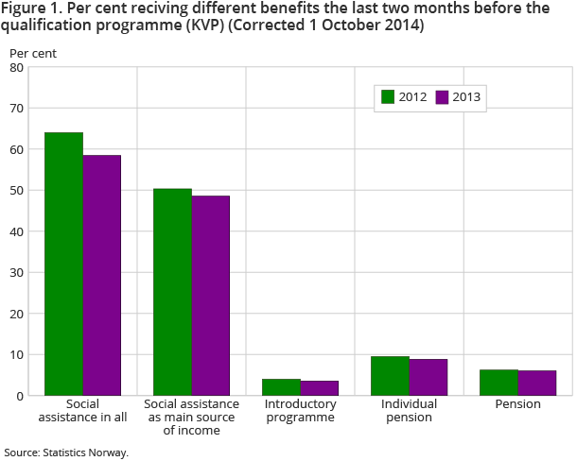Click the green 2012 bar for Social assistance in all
pyautogui.click(x=64, y=265)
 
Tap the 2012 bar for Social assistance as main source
pyautogui.click(x=173, y=292)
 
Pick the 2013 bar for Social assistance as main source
pyautogui.click(x=211, y=296)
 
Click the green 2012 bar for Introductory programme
pyautogui.click(x=282, y=387)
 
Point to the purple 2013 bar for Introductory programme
pyautogui.click(x=320, y=388)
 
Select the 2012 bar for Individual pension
pyautogui.click(x=390, y=376)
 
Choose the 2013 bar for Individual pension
pyautogui.click(x=428, y=378)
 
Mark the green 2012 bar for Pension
pyautogui.click(x=498, y=383)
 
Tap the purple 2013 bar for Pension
pyautogui.click(x=537, y=384)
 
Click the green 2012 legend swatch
pyautogui.click(x=388, y=96)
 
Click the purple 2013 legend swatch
pyautogui.click(x=442, y=96)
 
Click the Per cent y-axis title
pyautogui.click(x=33, y=53)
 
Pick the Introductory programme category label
pyautogui.click(x=301, y=410)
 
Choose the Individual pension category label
pyautogui.click(x=409, y=410)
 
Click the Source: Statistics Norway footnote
pyautogui.click(x=65, y=452)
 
